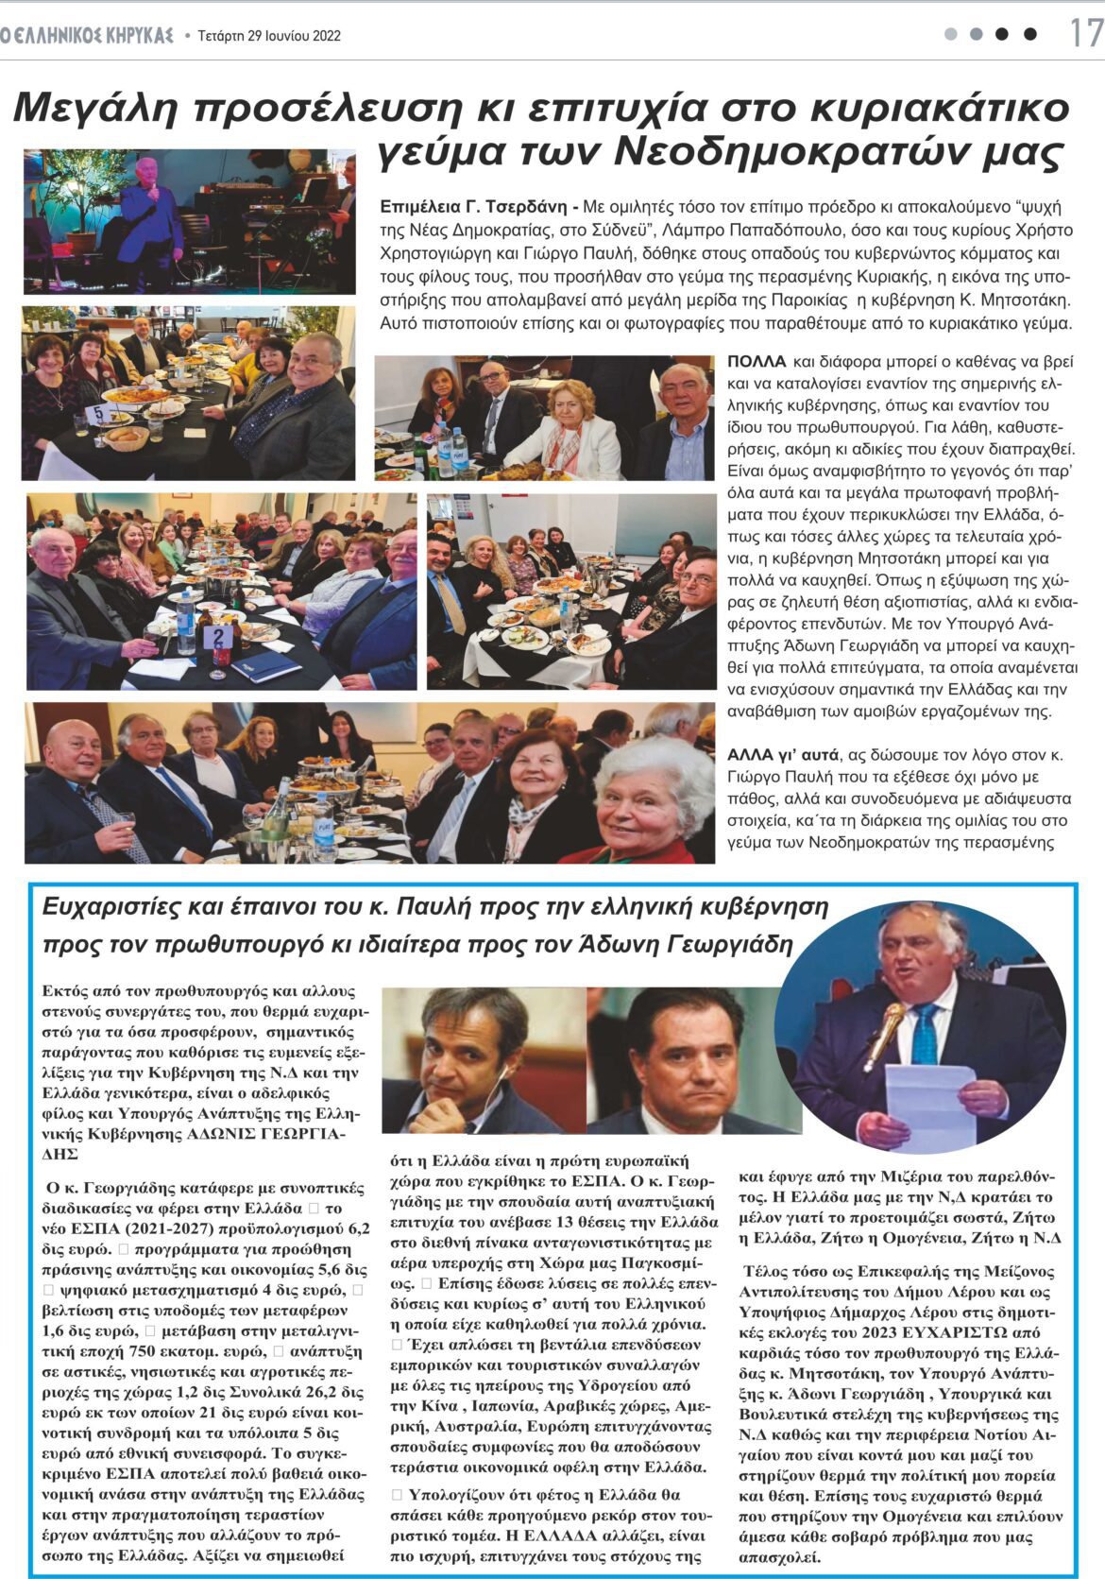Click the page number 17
1085,34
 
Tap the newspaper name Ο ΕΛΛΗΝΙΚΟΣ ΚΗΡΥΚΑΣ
87,36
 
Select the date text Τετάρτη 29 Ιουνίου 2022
269,36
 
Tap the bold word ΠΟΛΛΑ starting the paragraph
756,361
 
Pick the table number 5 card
97,413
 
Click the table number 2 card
218,636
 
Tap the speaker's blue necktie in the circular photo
926,1034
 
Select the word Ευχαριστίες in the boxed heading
111,907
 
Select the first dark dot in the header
1002,34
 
